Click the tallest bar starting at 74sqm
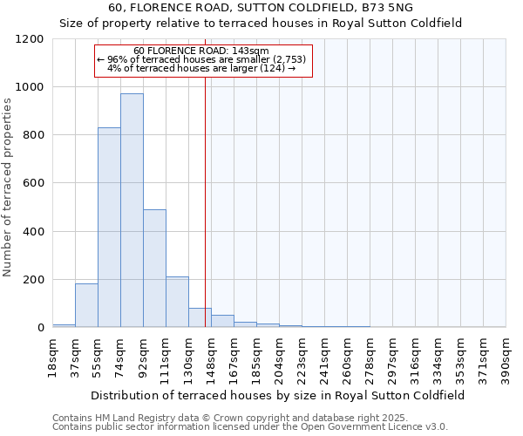click(x=132, y=210)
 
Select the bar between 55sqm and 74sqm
click(x=109, y=227)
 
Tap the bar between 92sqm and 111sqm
click(x=154, y=269)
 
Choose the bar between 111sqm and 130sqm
click(x=177, y=302)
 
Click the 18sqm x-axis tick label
click(x=52, y=354)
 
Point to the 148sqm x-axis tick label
click(x=211, y=356)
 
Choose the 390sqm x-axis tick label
click(x=506, y=356)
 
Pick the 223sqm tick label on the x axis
click(x=302, y=356)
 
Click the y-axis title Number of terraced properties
click(x=9, y=187)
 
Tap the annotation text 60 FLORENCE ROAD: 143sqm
click(x=201, y=51)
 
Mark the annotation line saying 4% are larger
click(x=201, y=68)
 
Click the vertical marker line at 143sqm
click(x=206, y=201)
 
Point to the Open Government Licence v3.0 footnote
click(x=250, y=426)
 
